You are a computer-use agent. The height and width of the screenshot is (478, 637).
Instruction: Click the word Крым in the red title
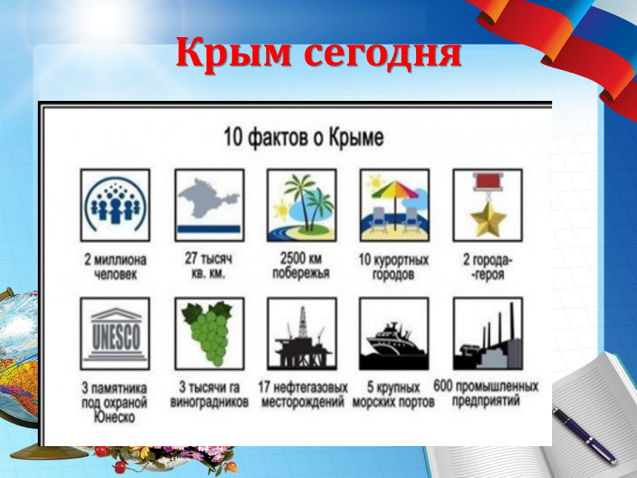[234, 52]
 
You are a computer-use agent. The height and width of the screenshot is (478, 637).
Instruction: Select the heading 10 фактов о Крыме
[303, 137]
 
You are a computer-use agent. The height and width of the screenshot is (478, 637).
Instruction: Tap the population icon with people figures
[115, 205]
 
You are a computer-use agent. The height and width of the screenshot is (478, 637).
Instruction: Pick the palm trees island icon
[302, 205]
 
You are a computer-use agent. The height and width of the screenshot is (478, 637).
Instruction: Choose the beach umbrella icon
[394, 205]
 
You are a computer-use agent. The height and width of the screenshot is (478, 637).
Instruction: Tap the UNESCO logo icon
[115, 334]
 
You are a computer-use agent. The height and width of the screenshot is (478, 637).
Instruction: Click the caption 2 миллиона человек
[115, 267]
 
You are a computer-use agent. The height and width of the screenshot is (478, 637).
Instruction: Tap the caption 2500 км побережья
[301, 266]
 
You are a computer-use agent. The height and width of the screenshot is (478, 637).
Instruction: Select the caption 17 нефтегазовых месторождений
[303, 394]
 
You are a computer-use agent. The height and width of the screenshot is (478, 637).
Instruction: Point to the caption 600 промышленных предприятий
[486, 394]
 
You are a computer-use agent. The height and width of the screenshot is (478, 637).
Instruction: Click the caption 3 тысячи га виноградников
[209, 394]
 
